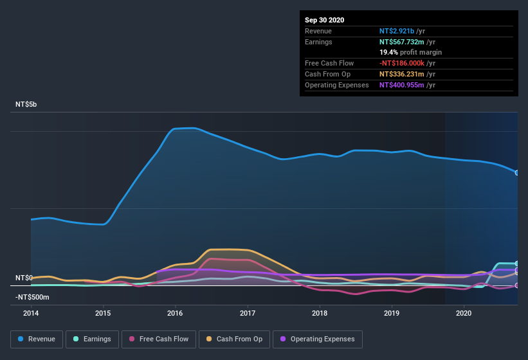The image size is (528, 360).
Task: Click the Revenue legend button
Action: (37, 339)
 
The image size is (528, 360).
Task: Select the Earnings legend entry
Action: (91, 339)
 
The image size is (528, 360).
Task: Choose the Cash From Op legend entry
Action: (233, 339)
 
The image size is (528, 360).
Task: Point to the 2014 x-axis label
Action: (31, 313)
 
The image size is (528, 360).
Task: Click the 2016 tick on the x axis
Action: (175, 313)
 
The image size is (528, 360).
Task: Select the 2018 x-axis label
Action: (320, 313)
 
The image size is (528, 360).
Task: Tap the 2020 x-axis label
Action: (464, 313)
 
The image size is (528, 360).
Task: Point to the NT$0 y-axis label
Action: (24, 278)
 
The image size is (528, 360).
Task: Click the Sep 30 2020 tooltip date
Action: (325, 20)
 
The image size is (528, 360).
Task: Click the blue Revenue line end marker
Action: (516, 172)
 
